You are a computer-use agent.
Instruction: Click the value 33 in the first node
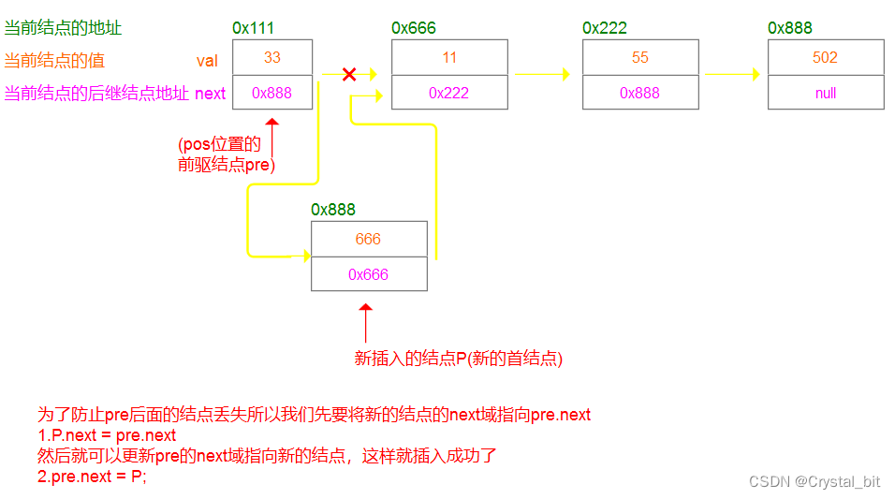coord(271,57)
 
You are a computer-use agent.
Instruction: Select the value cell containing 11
coord(449,57)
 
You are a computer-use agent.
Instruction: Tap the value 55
coord(639,57)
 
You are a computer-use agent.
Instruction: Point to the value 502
coord(825,57)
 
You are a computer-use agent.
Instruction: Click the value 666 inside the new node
coord(368,239)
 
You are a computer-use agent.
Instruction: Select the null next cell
coord(825,93)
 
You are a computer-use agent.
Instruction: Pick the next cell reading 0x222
coord(449,93)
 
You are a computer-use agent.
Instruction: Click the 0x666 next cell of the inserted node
coord(368,274)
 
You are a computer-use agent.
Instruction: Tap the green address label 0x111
coord(254,28)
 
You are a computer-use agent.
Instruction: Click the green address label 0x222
coord(604,28)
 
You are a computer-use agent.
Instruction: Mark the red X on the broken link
coord(349,74)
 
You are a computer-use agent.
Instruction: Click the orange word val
coord(207,61)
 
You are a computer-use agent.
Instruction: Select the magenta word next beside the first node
coord(210,94)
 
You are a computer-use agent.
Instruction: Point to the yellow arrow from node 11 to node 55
coord(542,74)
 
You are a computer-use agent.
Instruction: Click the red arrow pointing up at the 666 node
coord(365,322)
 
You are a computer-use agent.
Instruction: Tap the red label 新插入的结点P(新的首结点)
coord(458,358)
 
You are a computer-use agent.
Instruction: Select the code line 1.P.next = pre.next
coord(106,434)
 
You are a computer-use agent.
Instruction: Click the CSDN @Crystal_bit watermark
coord(814,481)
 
